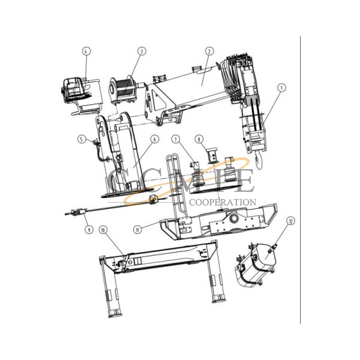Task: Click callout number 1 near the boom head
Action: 280,87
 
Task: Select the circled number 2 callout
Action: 209,52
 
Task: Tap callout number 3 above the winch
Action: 141,52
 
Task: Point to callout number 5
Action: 81,139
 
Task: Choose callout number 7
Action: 176,139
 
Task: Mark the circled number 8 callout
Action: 199,139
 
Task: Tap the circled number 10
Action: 103,229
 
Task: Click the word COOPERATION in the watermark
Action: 223,203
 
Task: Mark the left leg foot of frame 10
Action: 112,313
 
